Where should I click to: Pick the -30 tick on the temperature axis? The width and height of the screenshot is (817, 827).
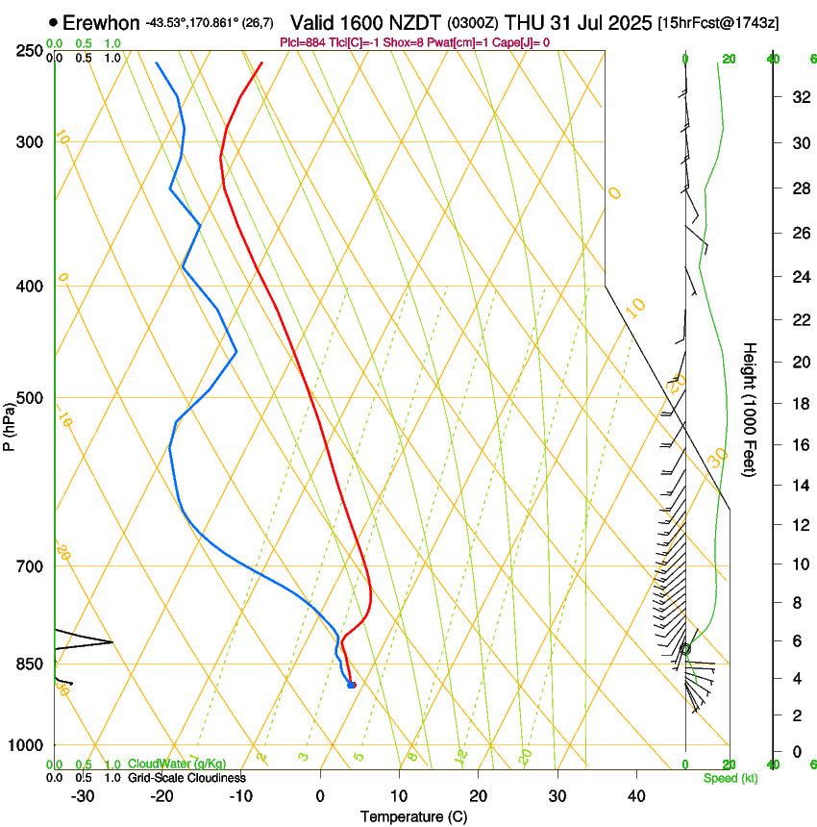pos(83,795)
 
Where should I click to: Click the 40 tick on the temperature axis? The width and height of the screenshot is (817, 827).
pos(635,795)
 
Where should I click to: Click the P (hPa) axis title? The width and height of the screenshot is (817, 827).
pos(9,426)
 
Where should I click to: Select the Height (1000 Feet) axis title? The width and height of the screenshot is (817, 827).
pos(751,410)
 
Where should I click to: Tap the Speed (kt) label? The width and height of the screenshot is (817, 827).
pos(730,778)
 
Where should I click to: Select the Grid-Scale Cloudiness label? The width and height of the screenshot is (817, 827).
pos(186,778)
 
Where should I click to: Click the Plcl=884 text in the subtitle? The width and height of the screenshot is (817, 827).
pos(303,42)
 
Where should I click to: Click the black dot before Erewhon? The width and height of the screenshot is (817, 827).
pos(53,21)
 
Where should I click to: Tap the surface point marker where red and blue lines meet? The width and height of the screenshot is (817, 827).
pos(352,685)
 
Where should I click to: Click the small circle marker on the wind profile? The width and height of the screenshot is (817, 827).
pos(685,649)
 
